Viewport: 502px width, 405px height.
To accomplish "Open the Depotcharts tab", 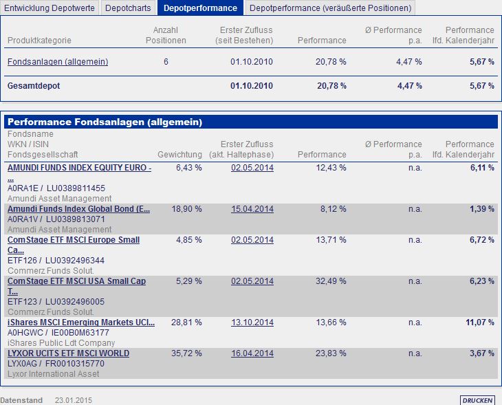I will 129,8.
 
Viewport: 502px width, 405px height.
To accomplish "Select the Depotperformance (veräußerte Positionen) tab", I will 330,8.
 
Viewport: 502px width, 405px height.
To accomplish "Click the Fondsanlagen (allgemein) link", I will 58,62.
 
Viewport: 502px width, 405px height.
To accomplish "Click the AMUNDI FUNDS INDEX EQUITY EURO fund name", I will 79,168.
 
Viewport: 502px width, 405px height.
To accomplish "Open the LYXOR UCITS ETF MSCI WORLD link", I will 68,353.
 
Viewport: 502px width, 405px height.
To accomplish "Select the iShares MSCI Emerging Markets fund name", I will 81,322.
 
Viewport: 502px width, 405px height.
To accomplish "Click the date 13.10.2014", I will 252,322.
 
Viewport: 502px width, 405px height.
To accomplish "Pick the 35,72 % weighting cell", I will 188,353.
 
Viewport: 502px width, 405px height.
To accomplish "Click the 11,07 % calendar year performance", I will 480,322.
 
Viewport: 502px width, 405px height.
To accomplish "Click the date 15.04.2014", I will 252,209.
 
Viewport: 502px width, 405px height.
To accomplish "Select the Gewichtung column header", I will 179,155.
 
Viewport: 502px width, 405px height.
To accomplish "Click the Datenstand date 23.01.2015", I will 74,400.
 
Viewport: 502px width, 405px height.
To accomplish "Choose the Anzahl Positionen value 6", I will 166,62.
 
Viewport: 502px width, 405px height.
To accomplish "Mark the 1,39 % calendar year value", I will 481,209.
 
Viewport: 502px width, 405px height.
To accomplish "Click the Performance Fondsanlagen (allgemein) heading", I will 105,122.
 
